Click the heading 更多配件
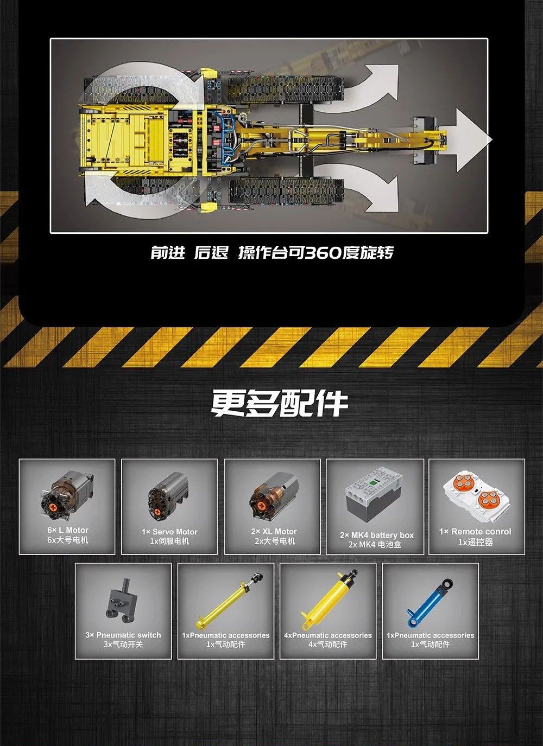279,404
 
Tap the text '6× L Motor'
68,530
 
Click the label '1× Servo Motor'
169,532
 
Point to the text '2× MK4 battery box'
377,535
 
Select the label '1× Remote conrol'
475,532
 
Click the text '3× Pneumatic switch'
123,635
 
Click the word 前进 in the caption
168,253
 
